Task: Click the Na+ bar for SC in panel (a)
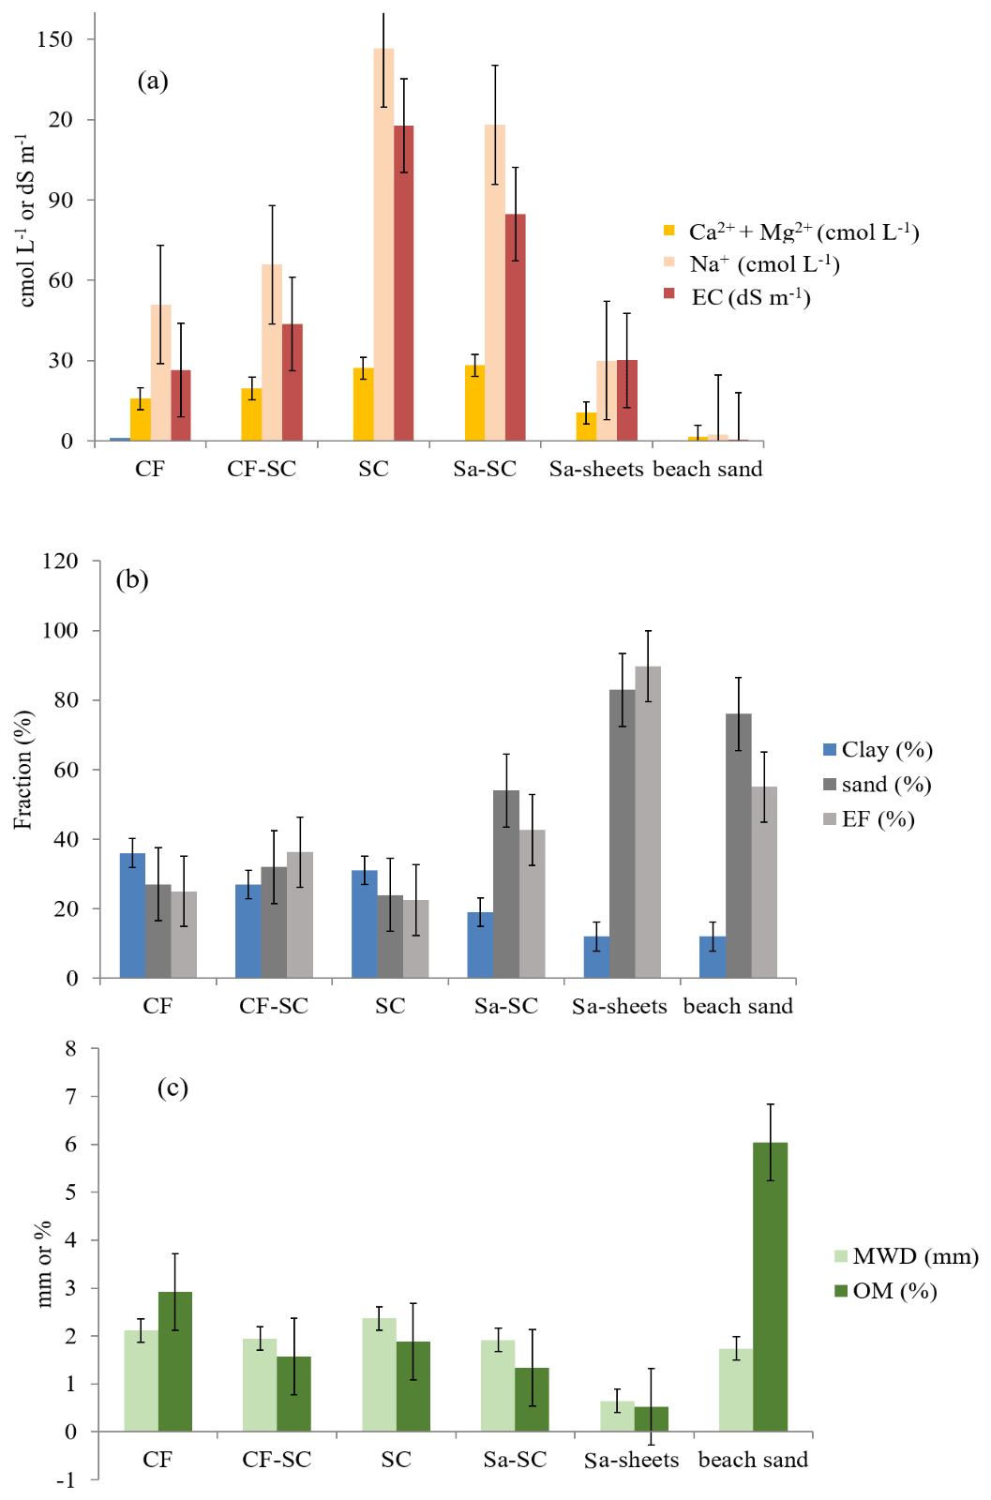383,244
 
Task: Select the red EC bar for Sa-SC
516,327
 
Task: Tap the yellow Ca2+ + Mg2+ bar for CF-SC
251,414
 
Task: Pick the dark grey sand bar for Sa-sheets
622,833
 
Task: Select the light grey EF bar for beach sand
764,882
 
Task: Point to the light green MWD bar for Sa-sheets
617,1416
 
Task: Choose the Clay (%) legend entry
878,749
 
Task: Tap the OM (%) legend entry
886,1291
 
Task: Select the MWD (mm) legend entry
906,1256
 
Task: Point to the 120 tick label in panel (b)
60,561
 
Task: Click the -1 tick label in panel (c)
65,1479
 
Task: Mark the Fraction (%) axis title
23,769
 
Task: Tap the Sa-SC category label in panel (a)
485,469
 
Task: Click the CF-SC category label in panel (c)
277,1460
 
